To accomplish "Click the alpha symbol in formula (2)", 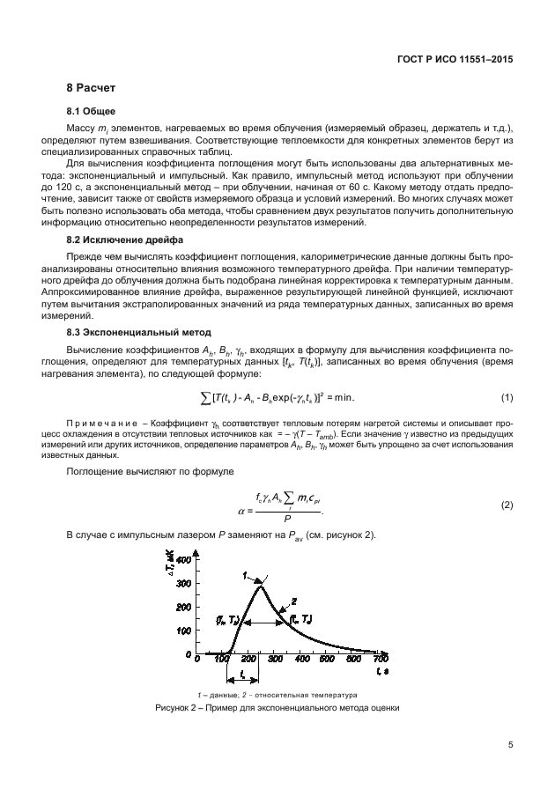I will [241, 510].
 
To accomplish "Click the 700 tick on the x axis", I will [381, 659].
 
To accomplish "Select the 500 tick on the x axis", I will [329, 659].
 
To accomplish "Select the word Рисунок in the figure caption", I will [174, 707].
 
